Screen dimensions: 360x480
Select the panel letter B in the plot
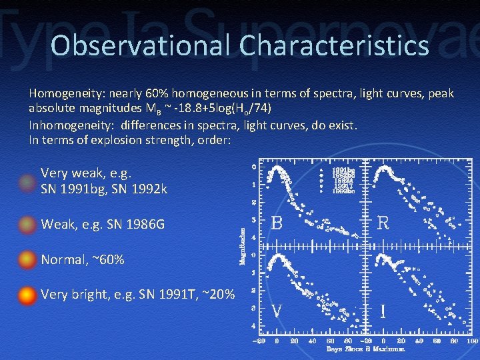click(x=277, y=223)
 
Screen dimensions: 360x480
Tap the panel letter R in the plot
click(x=383, y=223)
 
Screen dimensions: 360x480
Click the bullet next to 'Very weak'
click(x=27, y=182)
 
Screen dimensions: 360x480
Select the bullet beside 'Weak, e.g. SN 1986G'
click(x=27, y=225)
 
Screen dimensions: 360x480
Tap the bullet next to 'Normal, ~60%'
click(x=27, y=259)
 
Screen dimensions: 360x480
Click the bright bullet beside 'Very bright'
click(x=27, y=295)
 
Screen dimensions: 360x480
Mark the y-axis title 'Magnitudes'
click(x=243, y=246)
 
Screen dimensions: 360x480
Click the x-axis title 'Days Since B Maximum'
click(x=365, y=349)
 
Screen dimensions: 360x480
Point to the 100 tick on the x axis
click(x=472, y=339)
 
